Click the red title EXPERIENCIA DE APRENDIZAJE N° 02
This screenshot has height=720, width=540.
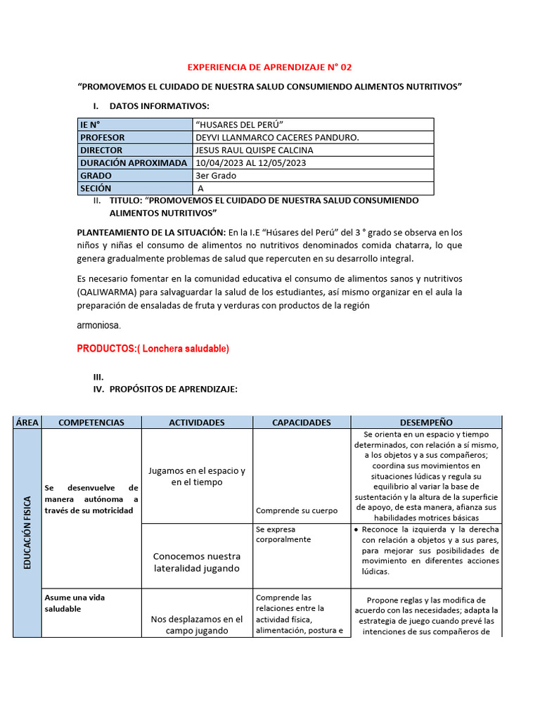click(x=269, y=67)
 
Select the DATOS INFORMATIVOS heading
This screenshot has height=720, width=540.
click(x=159, y=105)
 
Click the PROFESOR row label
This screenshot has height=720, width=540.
click(x=103, y=138)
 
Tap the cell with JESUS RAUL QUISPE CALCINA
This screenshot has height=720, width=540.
click(x=255, y=150)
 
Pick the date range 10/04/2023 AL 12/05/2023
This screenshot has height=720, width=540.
click(x=251, y=163)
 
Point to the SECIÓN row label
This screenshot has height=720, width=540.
click(x=96, y=188)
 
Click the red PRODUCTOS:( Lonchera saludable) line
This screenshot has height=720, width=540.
click(x=153, y=349)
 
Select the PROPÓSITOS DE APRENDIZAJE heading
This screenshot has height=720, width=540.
click(x=174, y=389)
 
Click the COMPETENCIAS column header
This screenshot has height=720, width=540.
click(x=91, y=423)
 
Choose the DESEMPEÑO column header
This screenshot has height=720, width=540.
click(x=426, y=423)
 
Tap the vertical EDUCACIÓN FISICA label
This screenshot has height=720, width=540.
click(x=27, y=532)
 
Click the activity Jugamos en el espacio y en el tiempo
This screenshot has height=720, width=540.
click(x=196, y=477)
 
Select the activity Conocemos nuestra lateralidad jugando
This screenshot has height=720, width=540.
click(x=196, y=562)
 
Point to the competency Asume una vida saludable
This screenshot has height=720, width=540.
click(x=75, y=603)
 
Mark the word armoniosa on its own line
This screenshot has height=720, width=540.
click(x=99, y=326)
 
